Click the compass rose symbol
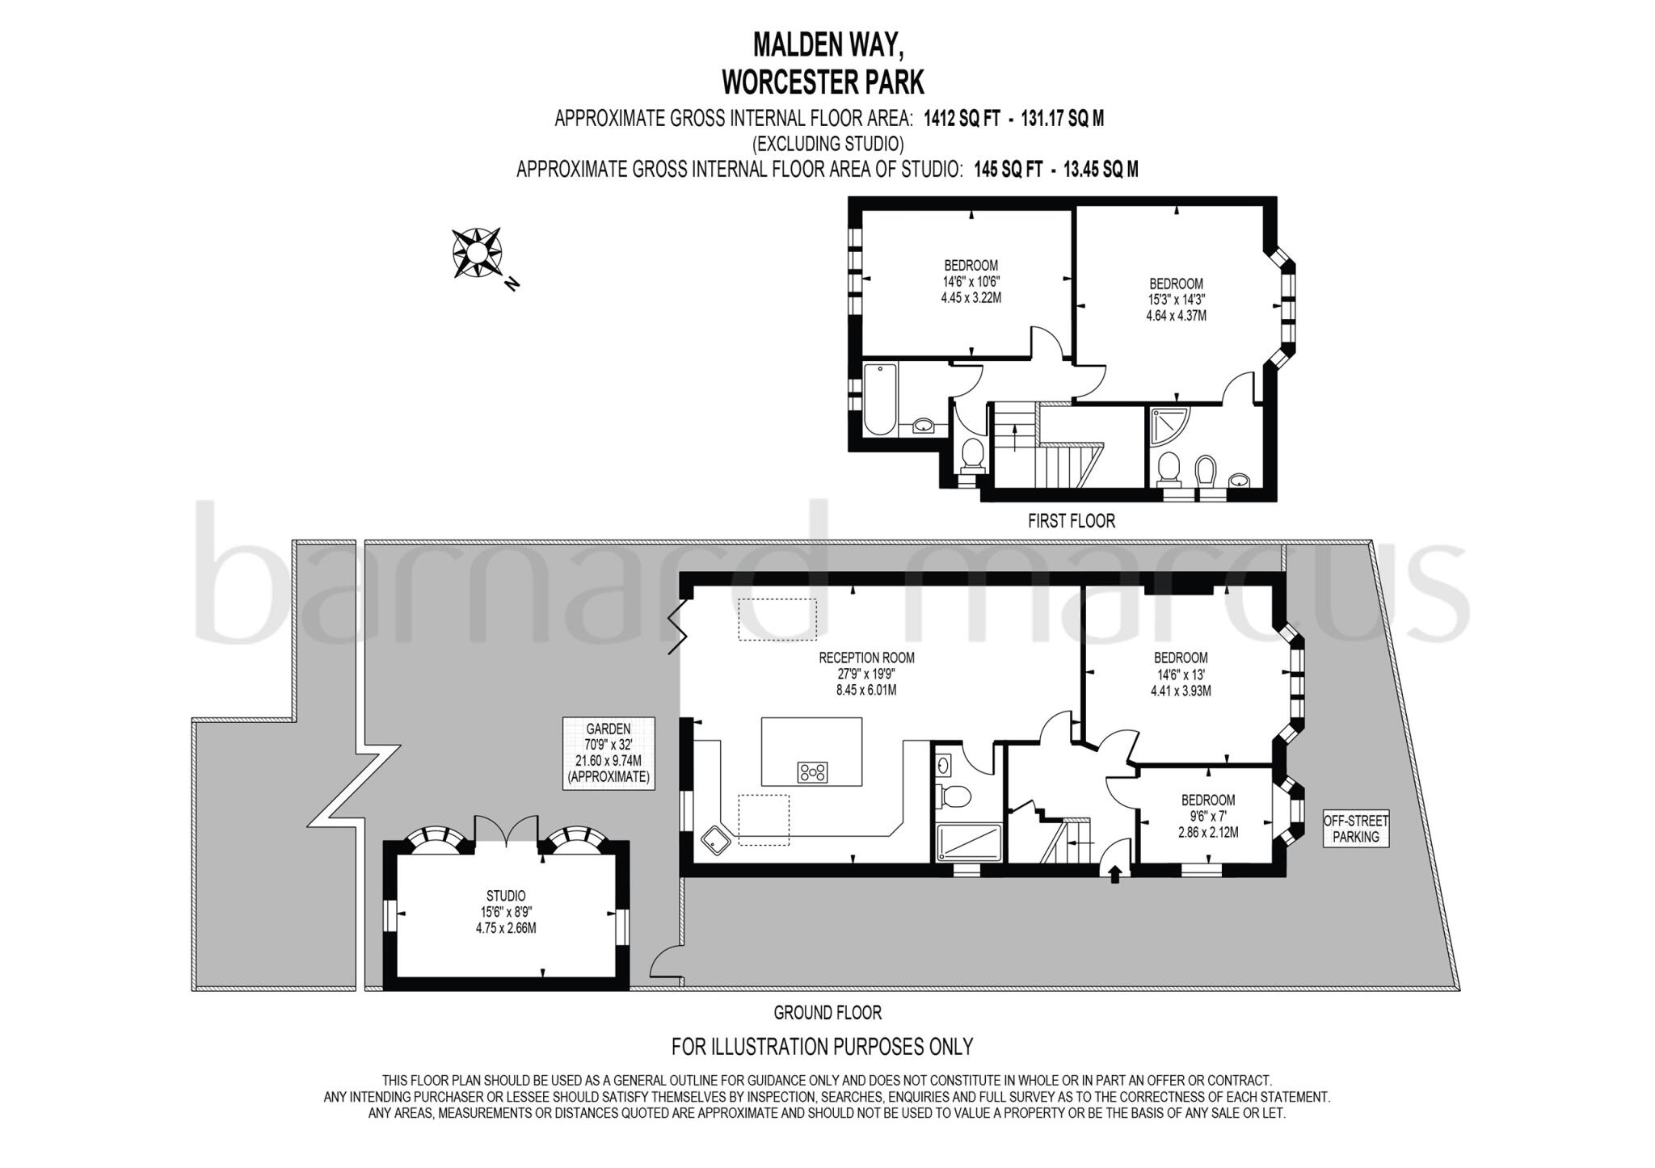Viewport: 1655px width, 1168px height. [477, 254]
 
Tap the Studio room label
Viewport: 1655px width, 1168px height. [506, 911]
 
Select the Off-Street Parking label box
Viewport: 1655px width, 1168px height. [1356, 828]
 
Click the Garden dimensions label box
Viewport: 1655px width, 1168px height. [609, 753]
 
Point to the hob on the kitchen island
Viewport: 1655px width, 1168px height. [813, 772]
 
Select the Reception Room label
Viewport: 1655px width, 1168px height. [866, 674]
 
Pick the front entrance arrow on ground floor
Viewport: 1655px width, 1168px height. [1115, 874]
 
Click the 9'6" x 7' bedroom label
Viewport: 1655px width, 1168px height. [1208, 816]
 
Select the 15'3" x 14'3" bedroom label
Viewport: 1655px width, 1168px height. [1176, 300]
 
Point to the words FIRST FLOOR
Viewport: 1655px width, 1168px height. [1071, 521]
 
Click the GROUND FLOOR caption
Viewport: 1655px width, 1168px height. [827, 1012]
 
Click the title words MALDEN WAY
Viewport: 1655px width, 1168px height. [827, 45]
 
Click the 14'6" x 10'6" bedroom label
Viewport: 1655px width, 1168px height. [971, 281]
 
